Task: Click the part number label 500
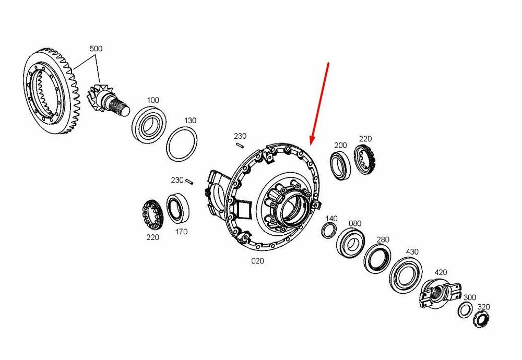96,49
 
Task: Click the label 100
153,100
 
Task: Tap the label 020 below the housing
257,261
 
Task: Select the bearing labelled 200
340,165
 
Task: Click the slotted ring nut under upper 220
366,160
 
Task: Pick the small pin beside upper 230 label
240,145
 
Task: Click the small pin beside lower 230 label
189,182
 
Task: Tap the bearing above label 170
178,209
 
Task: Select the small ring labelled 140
329,230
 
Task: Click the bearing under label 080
350,244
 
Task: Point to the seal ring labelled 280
377,258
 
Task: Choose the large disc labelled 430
406,275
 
